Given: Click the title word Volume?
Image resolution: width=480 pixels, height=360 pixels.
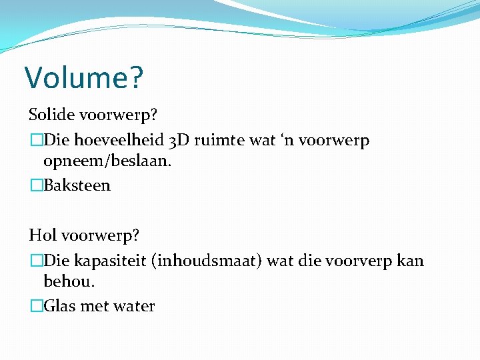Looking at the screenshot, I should (84, 77).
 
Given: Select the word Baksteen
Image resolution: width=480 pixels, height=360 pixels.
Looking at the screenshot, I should (77, 185).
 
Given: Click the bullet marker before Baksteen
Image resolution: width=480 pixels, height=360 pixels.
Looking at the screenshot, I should (36, 185).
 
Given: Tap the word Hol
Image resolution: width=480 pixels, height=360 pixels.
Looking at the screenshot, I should (42, 235).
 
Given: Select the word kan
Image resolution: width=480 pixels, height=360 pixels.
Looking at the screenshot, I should (409, 261).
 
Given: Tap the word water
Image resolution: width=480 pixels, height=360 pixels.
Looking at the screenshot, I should (133, 306).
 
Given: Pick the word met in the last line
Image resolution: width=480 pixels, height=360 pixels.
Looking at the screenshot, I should (93, 306).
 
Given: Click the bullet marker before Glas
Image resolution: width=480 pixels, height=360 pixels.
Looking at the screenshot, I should (36, 306).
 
